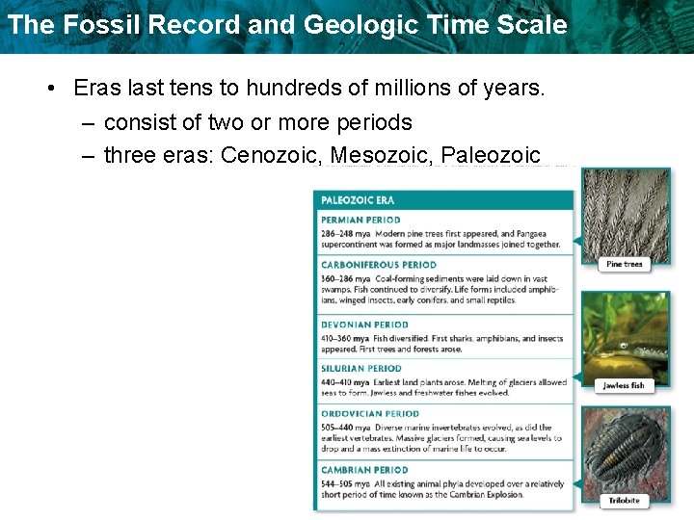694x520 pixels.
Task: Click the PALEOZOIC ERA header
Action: (x=358, y=200)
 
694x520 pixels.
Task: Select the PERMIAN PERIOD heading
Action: (x=360, y=221)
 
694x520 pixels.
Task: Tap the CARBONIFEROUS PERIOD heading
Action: (x=379, y=265)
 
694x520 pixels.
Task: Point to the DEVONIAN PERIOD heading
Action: (x=364, y=325)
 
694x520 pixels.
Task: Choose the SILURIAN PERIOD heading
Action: (x=361, y=369)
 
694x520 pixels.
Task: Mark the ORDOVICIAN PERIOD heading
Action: (x=370, y=414)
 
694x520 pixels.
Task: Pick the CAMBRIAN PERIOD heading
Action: (x=364, y=471)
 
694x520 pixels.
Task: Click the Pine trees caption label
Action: (x=625, y=264)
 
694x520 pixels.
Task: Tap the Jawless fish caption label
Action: (x=624, y=386)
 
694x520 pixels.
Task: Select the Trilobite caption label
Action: (x=625, y=501)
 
